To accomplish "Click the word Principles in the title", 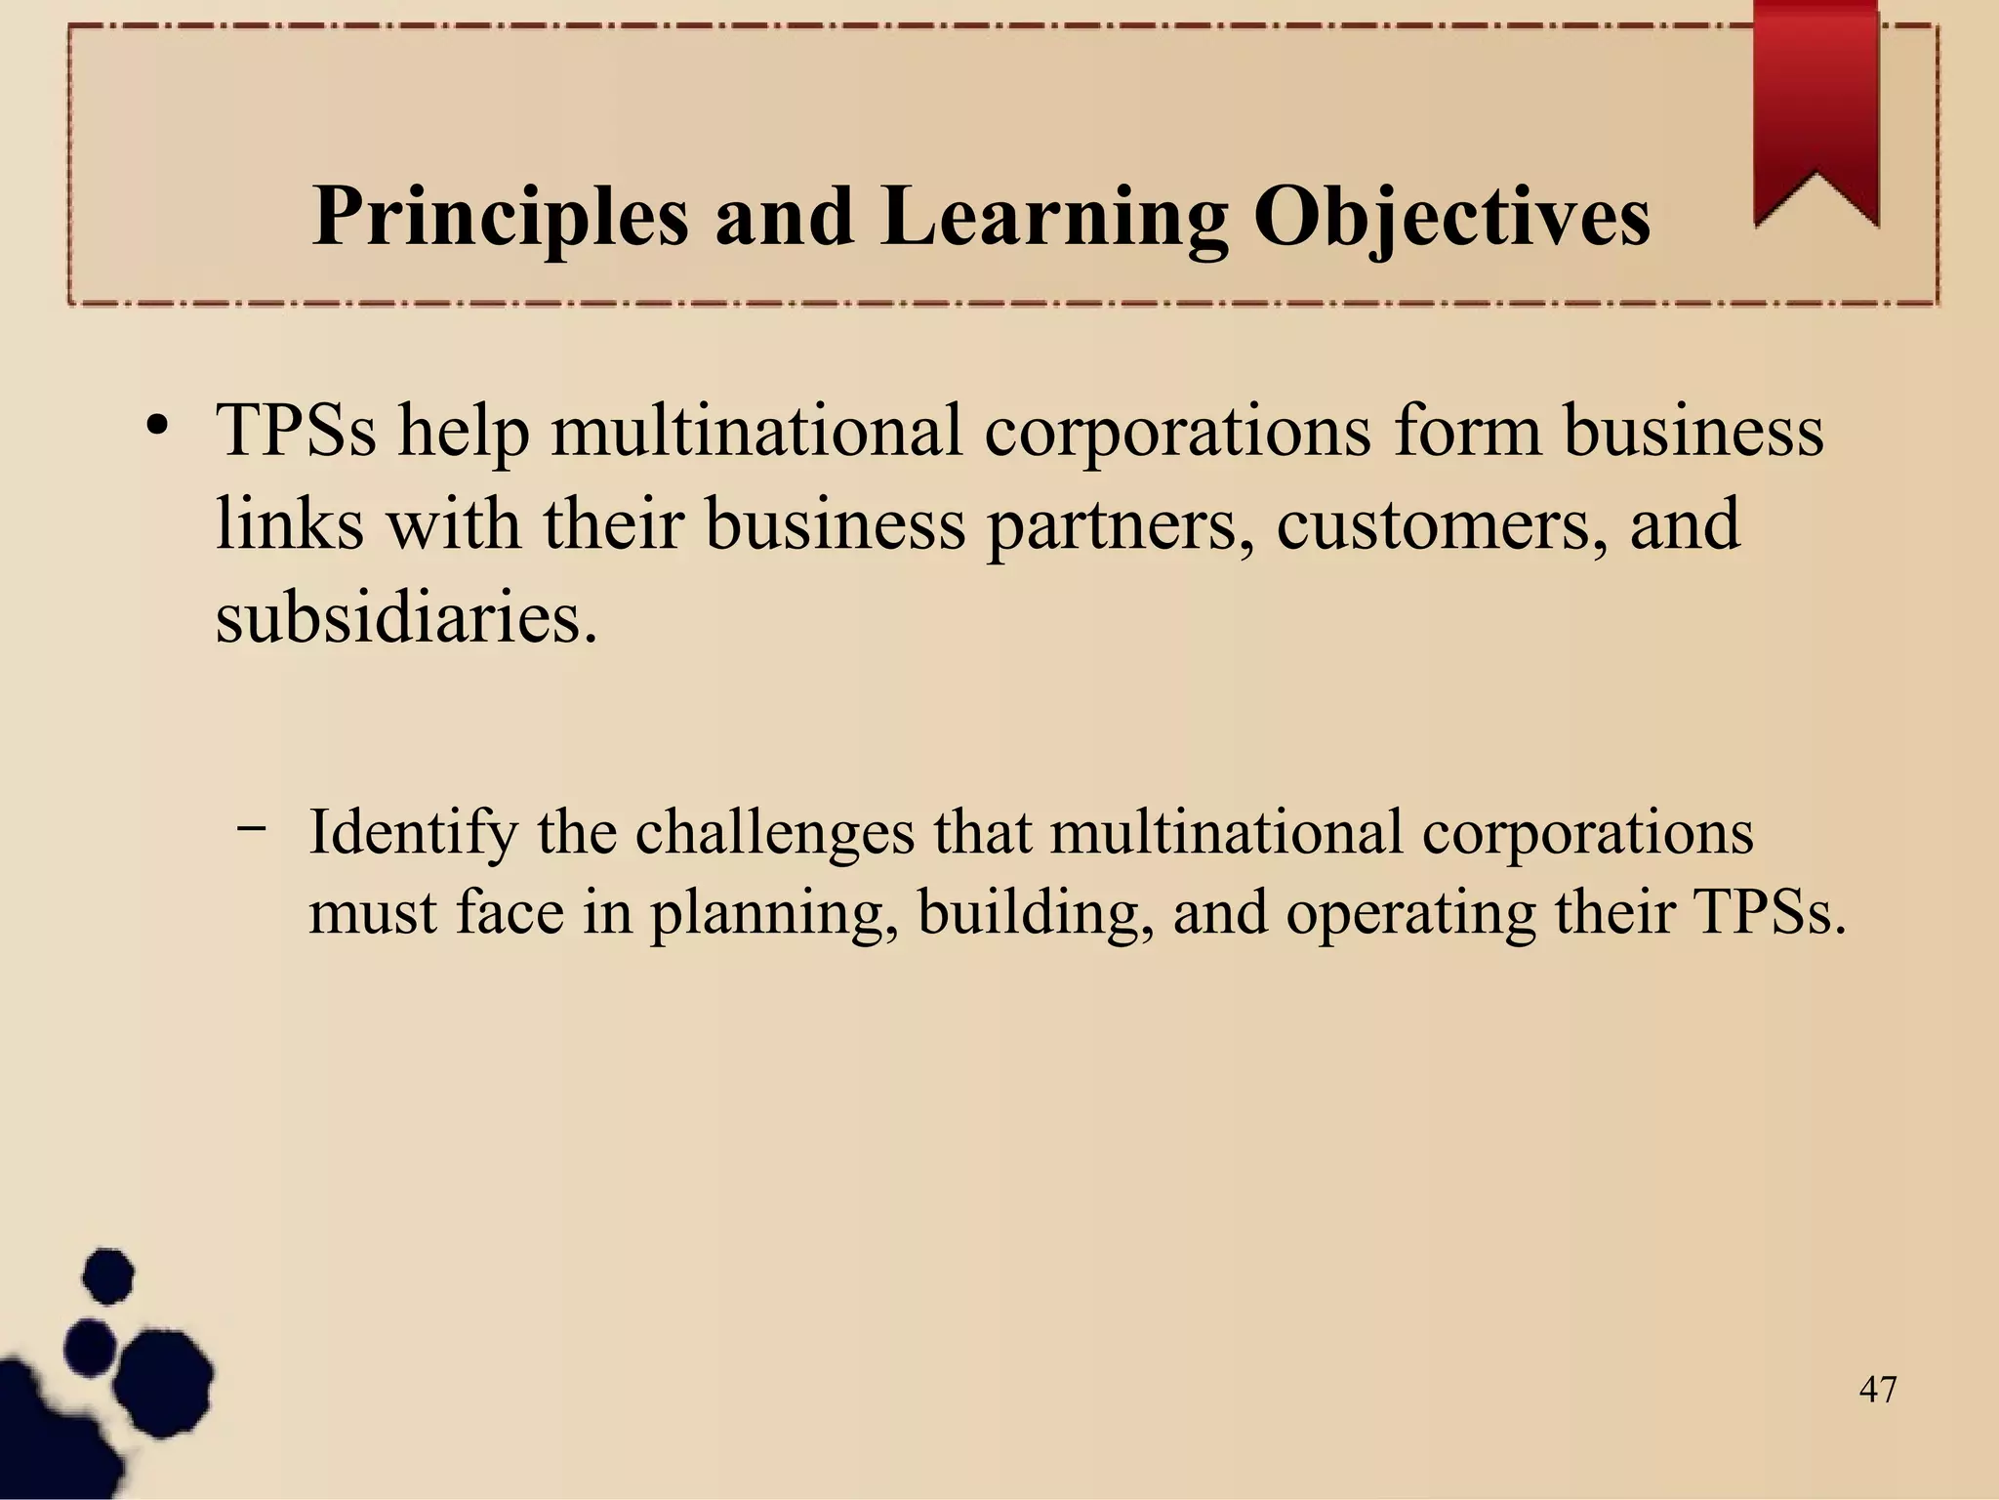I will (x=500, y=217).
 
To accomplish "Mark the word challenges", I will (x=775, y=834).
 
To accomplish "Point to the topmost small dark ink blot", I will (x=107, y=1275).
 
